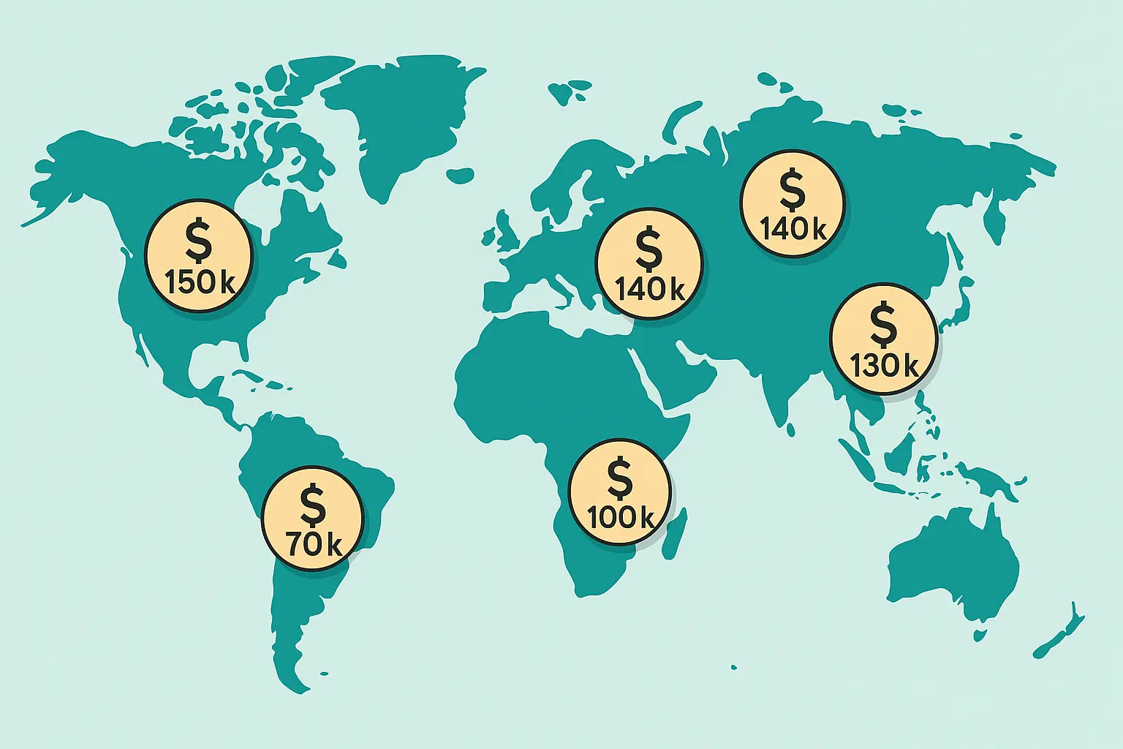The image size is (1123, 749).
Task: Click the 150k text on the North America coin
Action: (x=200, y=282)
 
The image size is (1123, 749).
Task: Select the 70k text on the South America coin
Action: (x=313, y=544)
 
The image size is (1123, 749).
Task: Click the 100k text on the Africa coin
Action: (x=621, y=518)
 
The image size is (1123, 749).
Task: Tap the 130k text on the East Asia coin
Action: (x=884, y=365)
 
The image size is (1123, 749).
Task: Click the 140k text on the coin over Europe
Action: (x=649, y=290)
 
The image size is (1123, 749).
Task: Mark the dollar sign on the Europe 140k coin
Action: (x=649, y=249)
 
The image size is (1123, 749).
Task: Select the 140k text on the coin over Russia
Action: (x=793, y=230)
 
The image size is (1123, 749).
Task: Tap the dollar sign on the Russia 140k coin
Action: (x=792, y=189)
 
